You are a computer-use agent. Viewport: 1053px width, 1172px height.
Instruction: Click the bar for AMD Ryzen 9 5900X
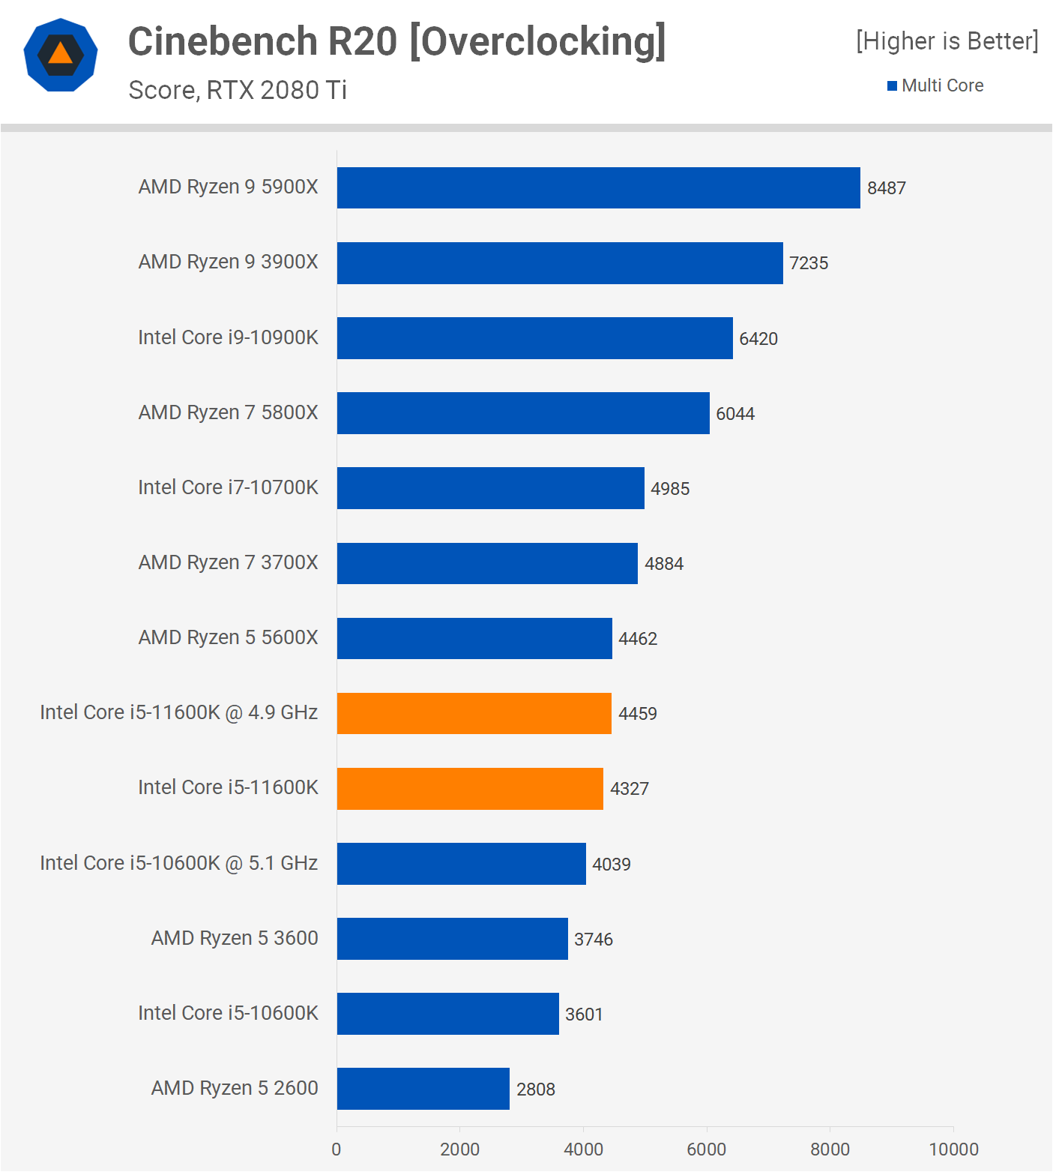(x=598, y=187)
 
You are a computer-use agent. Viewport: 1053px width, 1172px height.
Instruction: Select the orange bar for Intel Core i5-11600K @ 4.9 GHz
(x=474, y=713)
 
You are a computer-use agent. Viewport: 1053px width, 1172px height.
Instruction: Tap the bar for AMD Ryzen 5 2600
(x=423, y=1089)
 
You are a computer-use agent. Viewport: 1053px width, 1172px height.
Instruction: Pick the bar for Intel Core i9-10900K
(x=534, y=338)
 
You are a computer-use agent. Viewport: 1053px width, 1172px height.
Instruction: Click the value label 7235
(x=809, y=263)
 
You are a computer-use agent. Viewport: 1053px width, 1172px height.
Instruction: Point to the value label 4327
(x=630, y=789)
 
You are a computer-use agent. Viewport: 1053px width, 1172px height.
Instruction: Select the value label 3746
(x=594, y=940)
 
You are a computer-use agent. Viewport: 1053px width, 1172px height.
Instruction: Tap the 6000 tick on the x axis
(x=707, y=1150)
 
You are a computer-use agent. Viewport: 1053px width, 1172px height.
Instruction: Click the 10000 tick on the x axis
(x=953, y=1150)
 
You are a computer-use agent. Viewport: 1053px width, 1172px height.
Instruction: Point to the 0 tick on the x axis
(x=337, y=1150)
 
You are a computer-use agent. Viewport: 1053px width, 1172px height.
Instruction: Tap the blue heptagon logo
(x=61, y=55)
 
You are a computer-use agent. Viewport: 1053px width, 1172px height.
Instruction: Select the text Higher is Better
(x=947, y=41)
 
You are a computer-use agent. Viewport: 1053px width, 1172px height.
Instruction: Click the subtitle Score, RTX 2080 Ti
(x=238, y=90)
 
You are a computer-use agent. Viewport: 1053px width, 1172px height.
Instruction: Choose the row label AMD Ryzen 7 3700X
(x=229, y=562)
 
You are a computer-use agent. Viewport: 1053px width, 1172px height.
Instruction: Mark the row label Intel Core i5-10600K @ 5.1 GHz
(x=179, y=863)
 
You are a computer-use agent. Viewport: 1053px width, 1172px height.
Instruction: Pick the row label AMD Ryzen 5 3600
(x=235, y=938)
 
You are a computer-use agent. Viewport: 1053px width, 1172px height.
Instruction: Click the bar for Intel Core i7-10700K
(x=490, y=488)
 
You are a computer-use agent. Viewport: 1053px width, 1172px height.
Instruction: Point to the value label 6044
(x=735, y=414)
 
